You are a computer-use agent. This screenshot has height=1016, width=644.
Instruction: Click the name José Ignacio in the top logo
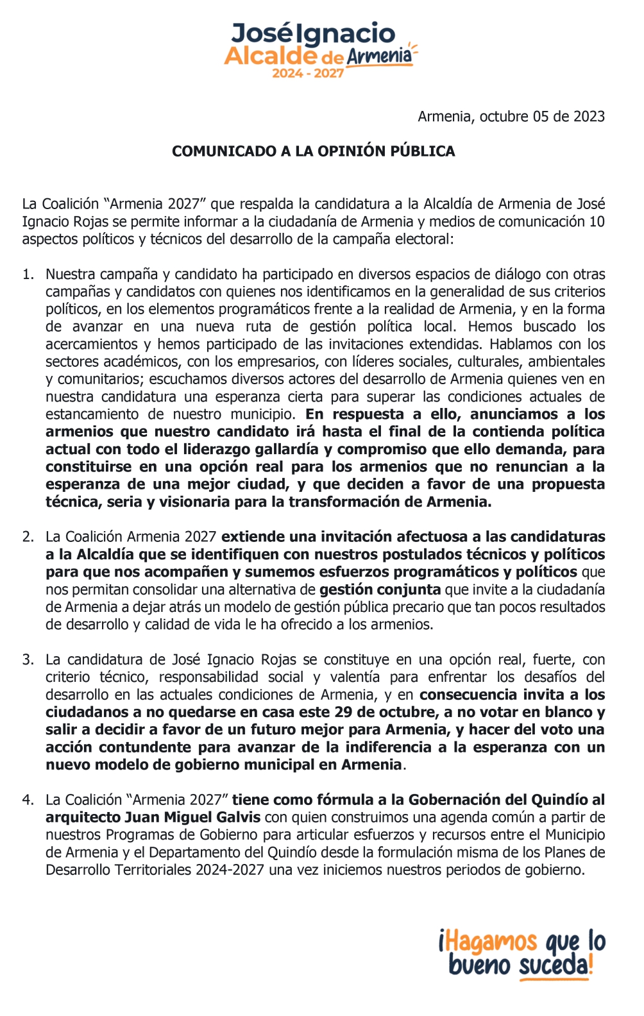(x=313, y=33)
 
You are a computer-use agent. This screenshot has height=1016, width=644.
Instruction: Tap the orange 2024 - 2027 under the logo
(x=308, y=73)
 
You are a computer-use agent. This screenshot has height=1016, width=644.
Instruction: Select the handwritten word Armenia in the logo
(x=379, y=56)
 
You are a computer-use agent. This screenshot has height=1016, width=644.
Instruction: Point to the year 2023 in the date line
(x=589, y=116)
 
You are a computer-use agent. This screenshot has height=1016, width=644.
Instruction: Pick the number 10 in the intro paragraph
(x=597, y=222)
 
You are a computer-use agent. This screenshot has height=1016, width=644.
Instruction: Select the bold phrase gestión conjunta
(x=380, y=589)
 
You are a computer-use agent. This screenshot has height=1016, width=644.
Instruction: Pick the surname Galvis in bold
(x=237, y=817)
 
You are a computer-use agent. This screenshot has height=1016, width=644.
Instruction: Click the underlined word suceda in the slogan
(x=553, y=965)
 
